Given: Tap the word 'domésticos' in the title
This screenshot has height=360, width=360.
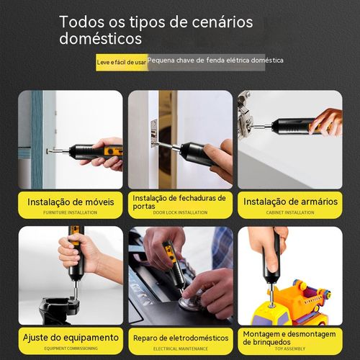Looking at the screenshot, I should (x=100, y=38).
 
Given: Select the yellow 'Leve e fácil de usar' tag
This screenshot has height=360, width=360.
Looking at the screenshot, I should (x=121, y=63).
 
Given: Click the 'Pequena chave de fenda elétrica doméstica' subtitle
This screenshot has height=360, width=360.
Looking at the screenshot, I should (x=215, y=60).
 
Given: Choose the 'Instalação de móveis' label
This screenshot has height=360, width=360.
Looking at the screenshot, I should (x=71, y=202).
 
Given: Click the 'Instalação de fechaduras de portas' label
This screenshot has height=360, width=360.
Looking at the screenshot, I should (x=180, y=200).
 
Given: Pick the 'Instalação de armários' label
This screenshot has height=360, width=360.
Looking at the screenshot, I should (x=289, y=202).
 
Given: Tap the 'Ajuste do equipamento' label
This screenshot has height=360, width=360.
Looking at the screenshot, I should (x=71, y=337).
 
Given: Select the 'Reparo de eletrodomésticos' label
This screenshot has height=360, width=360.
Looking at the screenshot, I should (x=180, y=337).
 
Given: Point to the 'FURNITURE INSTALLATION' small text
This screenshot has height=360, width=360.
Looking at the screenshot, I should (x=71, y=212).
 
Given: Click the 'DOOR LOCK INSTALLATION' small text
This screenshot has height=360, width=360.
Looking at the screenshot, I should (x=180, y=212).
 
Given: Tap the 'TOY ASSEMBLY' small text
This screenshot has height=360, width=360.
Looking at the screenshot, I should (x=289, y=349).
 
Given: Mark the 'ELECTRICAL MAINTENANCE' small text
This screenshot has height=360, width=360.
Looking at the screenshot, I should (x=180, y=349).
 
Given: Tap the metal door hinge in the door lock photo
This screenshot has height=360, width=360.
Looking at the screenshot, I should (x=154, y=134).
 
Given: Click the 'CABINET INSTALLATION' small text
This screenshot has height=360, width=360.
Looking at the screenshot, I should (x=289, y=212).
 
